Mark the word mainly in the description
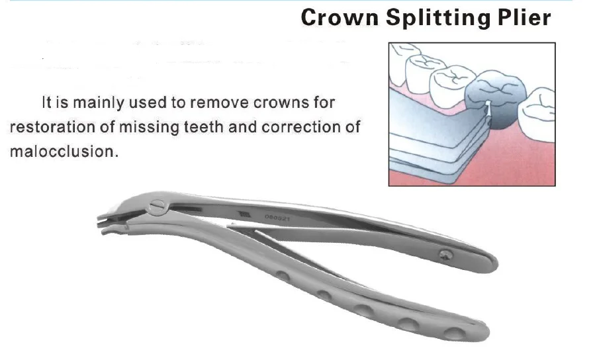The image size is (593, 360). pyautogui.click(x=95, y=103)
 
